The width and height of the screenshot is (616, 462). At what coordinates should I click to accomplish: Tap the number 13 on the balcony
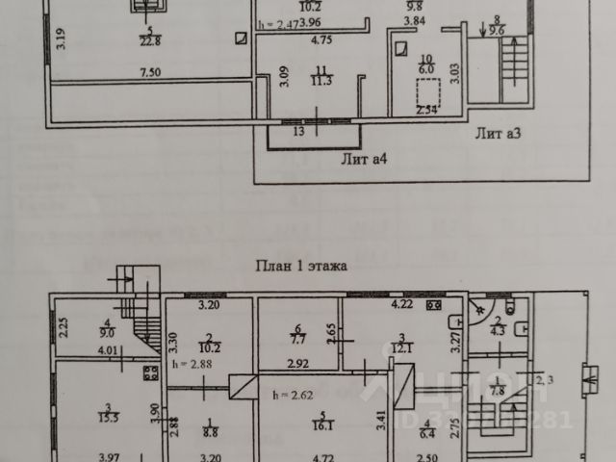[299, 130]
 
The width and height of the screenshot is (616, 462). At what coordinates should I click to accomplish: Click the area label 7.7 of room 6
[297, 340]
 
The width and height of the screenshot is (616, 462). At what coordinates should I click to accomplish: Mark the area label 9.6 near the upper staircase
[496, 29]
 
